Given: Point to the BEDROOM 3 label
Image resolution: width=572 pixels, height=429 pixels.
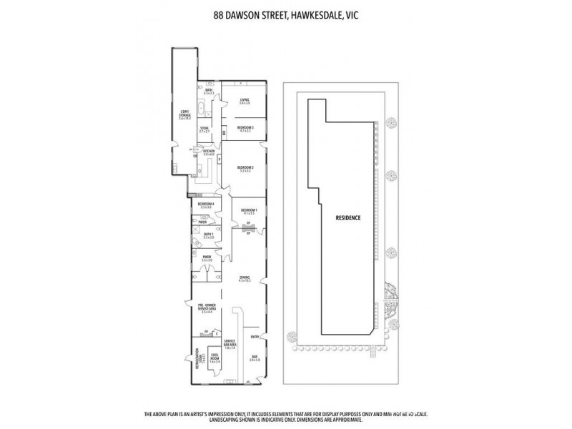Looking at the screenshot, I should point(245,127).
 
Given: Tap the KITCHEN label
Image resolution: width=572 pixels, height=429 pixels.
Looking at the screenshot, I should point(209,152).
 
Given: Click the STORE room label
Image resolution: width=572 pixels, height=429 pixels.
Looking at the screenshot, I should point(204,129).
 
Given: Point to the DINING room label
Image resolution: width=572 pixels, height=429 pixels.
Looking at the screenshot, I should point(245,280).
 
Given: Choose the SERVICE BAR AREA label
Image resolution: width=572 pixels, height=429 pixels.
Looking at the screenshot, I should point(230,345).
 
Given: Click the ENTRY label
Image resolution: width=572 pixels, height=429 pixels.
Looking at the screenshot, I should point(254,337).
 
